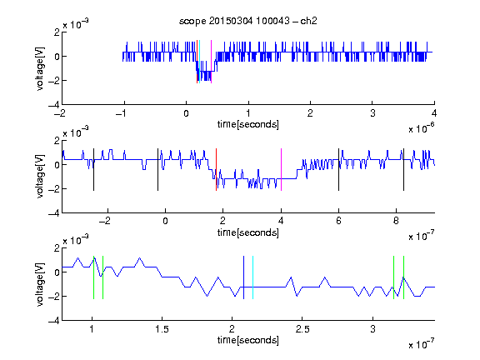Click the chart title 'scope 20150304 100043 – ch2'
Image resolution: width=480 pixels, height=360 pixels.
tap(248, 21)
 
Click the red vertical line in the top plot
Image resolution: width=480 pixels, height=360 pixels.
tap(197, 62)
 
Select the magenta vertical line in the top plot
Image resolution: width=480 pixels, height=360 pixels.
tap(211, 62)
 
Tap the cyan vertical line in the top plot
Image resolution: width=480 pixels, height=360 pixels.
tap(200, 62)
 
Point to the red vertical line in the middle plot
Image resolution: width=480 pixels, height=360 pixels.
tap(216, 170)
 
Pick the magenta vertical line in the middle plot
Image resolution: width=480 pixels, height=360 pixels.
tap(281, 170)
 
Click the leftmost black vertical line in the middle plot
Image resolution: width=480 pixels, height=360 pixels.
tap(93, 170)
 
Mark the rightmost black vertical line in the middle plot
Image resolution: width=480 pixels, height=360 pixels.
tap(403, 170)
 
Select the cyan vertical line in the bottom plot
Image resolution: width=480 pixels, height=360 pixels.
tap(252, 277)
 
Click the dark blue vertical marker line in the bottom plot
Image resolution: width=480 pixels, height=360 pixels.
tap(243, 277)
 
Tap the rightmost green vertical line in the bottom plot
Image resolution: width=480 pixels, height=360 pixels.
tap(403, 277)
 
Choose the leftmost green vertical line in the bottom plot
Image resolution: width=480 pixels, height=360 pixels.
tap(93, 277)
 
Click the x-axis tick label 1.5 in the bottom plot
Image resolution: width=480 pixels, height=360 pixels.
tap(162, 329)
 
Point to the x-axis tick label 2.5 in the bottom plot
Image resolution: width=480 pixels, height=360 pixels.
tap(302, 329)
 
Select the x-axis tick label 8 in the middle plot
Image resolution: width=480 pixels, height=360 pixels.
tap(396, 221)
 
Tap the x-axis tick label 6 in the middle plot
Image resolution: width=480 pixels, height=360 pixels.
tap(338, 221)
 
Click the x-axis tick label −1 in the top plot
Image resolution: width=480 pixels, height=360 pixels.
tap(122, 113)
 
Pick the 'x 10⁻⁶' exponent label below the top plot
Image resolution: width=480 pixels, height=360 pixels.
tap(422, 128)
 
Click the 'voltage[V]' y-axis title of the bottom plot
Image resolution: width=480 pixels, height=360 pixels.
tap(40, 284)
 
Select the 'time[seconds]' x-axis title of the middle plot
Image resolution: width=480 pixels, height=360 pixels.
tap(248, 232)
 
